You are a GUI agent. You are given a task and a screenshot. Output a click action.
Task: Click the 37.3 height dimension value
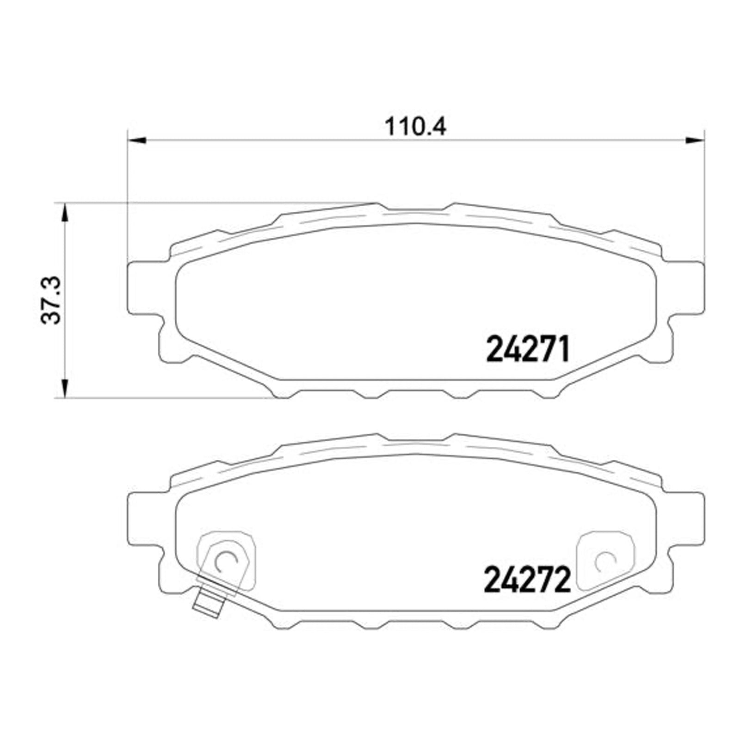(51, 300)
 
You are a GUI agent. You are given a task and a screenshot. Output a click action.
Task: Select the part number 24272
(527, 580)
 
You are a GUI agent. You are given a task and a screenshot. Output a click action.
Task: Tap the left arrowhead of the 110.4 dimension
(136, 140)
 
